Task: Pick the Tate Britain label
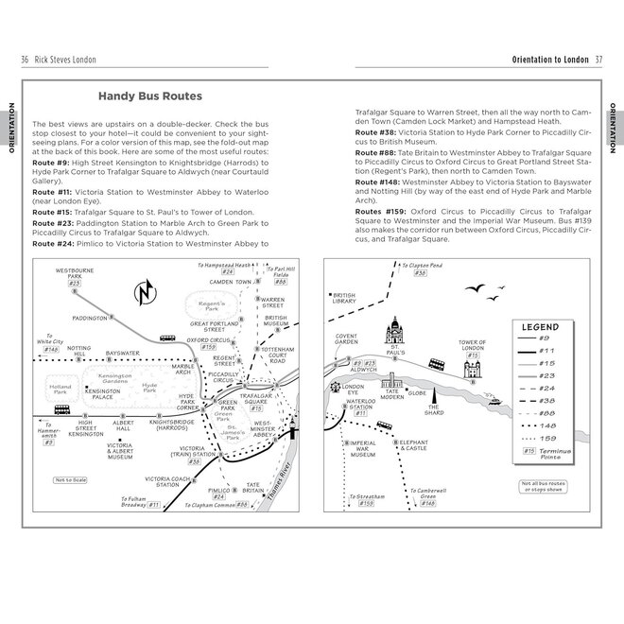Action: click(x=253, y=488)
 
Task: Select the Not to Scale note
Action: click(x=71, y=479)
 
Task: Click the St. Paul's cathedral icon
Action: click(x=395, y=336)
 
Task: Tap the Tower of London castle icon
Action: click(x=470, y=371)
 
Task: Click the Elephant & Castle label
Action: click(x=413, y=445)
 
